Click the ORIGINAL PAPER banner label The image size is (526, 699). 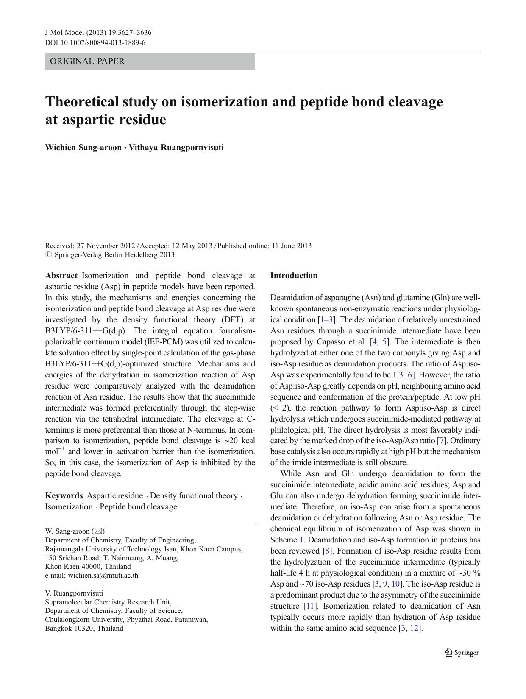(87, 61)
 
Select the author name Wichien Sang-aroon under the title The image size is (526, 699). (83, 148)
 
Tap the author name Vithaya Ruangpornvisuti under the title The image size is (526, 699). (176, 148)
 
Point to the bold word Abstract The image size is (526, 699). (61, 276)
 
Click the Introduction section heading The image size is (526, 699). (294, 276)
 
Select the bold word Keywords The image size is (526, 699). (64, 496)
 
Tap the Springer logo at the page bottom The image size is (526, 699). (462, 653)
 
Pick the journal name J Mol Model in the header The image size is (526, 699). (64, 33)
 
